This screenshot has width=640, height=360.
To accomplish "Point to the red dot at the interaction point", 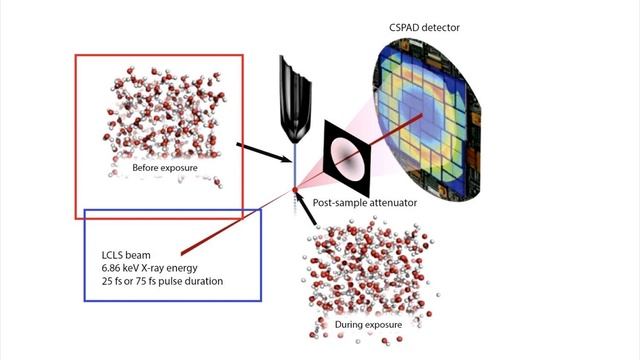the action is (x=295, y=189).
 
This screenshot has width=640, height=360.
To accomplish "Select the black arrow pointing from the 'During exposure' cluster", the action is (x=310, y=211).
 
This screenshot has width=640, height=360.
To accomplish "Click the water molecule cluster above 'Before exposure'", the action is (x=160, y=109).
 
